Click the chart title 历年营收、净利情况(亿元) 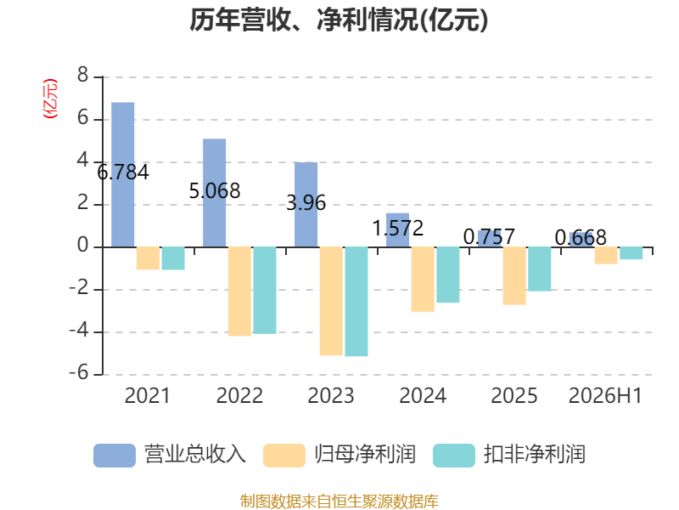click(x=339, y=20)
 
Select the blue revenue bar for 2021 click(x=123, y=175)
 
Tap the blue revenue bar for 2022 click(x=215, y=193)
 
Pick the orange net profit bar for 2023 click(x=331, y=302)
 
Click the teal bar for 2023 click(x=356, y=302)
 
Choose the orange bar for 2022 click(x=239, y=292)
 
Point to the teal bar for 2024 click(x=448, y=275)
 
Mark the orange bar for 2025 click(x=514, y=275)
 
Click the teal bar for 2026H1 click(x=631, y=253)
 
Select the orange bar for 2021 click(x=148, y=258)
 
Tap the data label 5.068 click(x=215, y=190)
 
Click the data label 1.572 click(x=397, y=228)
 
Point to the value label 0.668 click(x=581, y=238)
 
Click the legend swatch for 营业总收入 click(x=115, y=456)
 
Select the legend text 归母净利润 click(x=365, y=455)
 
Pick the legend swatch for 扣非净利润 click(x=454, y=456)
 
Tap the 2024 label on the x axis click(x=423, y=396)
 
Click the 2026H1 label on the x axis click(x=605, y=396)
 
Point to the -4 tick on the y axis click(x=79, y=331)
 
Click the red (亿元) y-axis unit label click(x=50, y=99)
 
